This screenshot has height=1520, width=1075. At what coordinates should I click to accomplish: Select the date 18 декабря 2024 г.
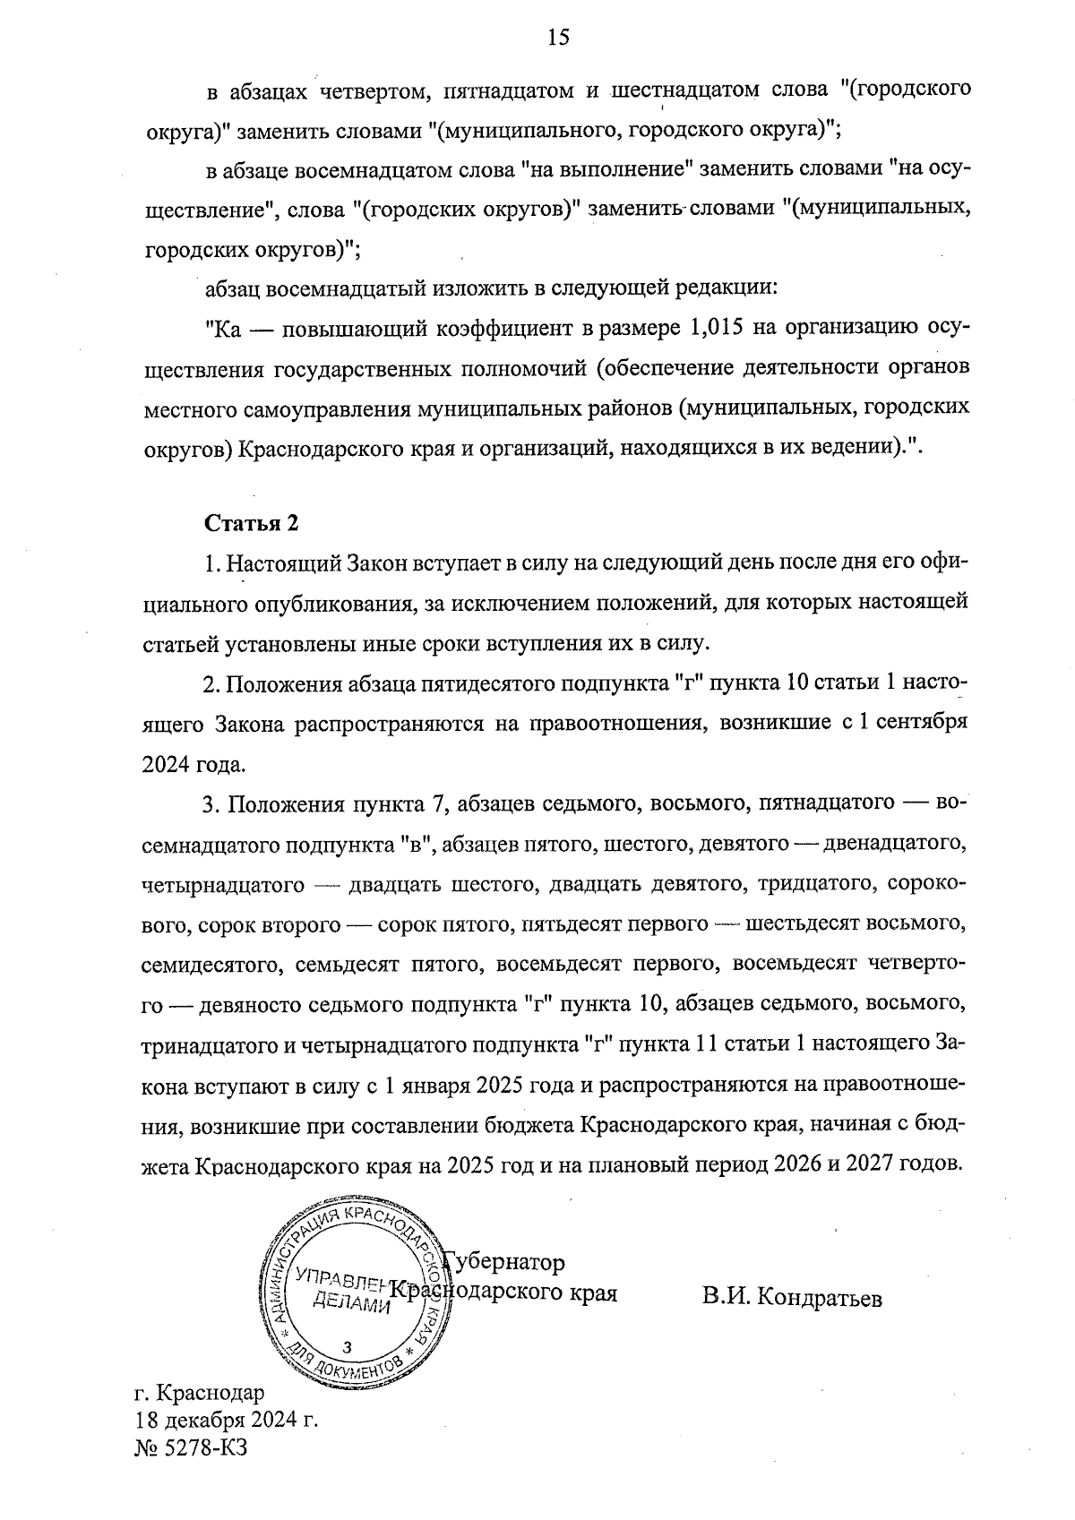click(x=227, y=1421)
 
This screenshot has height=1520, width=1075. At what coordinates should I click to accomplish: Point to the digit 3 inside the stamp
click(x=347, y=1347)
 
